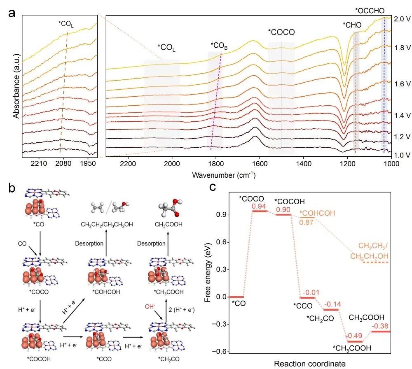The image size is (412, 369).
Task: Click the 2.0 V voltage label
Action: click(x=402, y=19)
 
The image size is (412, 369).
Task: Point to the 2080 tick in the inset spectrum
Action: click(x=63, y=163)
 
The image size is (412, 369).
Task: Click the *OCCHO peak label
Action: click(x=370, y=11)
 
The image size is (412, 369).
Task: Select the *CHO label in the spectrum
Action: click(x=352, y=25)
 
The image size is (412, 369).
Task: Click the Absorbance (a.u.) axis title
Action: click(x=16, y=86)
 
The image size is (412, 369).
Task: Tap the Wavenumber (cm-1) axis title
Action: click(x=224, y=175)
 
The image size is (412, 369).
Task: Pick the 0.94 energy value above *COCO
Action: click(x=259, y=206)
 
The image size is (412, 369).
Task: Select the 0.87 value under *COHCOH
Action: click(x=307, y=222)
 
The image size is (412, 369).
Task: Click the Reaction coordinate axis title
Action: click(x=310, y=364)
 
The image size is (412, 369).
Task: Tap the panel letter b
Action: click(x=12, y=188)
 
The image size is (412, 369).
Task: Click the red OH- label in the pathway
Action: click(x=150, y=306)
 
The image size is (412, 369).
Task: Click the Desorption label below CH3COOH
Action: click(x=151, y=244)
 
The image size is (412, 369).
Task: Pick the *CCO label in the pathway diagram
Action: click(x=104, y=359)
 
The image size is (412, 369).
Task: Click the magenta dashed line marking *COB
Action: click(x=216, y=101)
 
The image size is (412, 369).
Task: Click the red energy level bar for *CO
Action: click(x=237, y=297)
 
